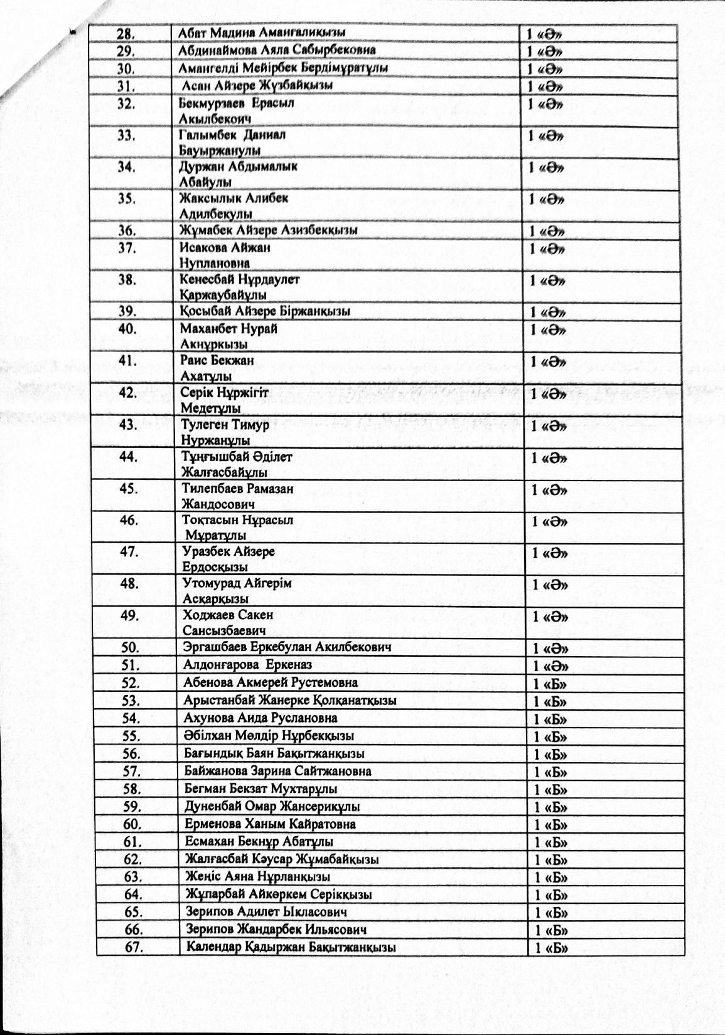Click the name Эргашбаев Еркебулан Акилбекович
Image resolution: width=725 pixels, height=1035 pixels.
point(287,647)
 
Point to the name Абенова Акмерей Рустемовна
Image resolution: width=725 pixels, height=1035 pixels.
point(271,682)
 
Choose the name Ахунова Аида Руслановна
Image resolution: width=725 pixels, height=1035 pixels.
point(261,718)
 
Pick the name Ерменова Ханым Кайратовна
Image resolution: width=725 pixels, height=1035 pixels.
point(271,824)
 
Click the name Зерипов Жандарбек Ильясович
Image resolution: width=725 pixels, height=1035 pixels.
point(276,930)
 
